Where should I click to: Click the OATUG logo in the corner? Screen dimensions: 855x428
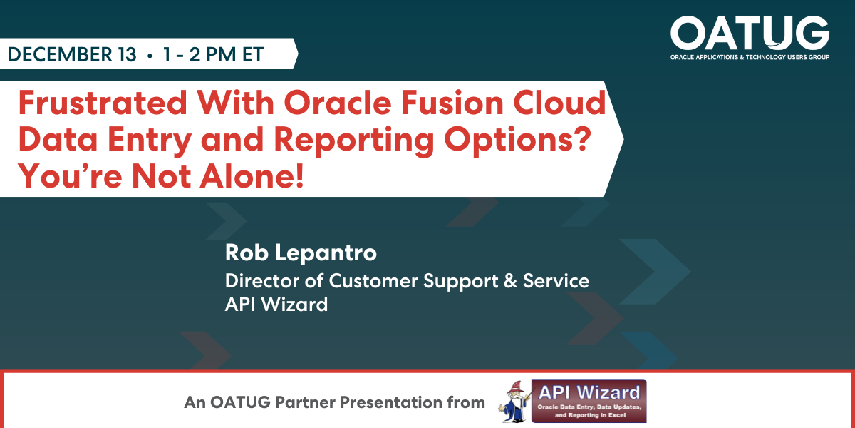(750, 38)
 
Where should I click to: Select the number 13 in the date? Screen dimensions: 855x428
(127, 54)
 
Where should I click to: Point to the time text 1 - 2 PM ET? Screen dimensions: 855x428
(213, 54)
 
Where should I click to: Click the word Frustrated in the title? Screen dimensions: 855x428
(103, 103)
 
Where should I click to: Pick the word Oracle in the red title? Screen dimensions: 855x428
(338, 103)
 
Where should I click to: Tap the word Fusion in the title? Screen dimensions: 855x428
(452, 103)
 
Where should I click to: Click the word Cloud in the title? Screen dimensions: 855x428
(559, 103)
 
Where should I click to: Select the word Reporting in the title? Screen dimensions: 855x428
(354, 141)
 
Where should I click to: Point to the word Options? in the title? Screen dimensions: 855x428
(517, 141)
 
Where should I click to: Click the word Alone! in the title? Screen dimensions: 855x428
(252, 176)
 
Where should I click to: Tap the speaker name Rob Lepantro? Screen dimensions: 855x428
(301, 253)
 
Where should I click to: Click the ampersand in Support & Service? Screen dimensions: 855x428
(510, 281)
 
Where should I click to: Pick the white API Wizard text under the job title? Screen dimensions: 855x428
(276, 305)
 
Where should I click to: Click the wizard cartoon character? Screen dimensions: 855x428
(514, 401)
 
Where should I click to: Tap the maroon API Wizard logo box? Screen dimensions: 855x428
(589, 401)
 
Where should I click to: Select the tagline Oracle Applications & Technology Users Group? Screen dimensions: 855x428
(750, 57)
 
